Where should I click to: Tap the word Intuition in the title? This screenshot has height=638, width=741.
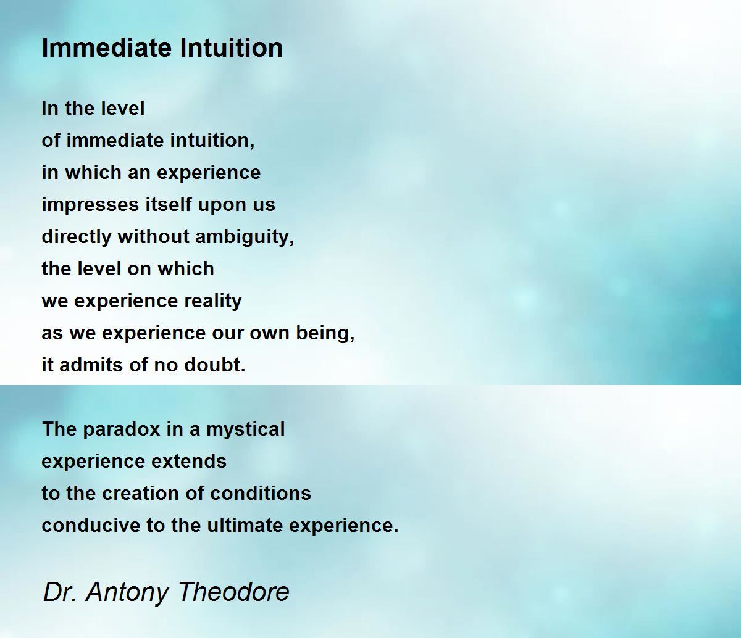click(231, 48)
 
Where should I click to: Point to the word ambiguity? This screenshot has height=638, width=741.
click(245, 238)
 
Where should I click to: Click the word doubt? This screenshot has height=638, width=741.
click(215, 365)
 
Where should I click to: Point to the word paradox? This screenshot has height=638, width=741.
click(122, 429)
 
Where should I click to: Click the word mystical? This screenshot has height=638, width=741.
click(246, 429)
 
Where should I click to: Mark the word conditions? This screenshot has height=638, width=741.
click(260, 493)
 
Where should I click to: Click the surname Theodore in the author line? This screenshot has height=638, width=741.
click(233, 592)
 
